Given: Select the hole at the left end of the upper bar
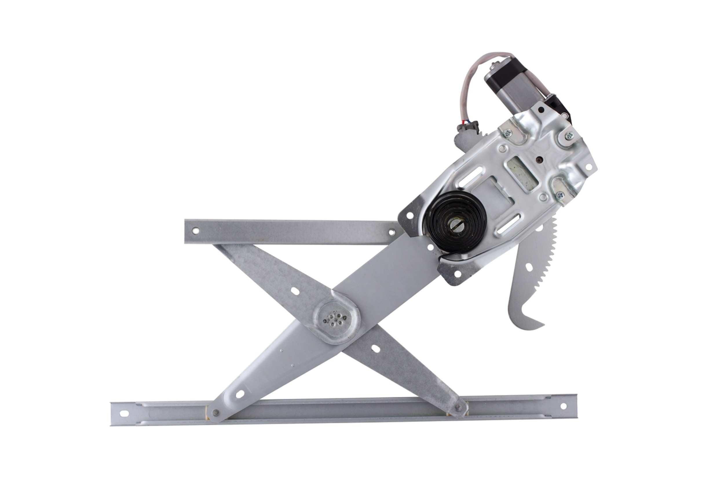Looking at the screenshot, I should [x=195, y=230].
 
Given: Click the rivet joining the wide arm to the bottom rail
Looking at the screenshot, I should [x=215, y=412].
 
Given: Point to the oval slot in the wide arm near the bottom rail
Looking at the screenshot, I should [x=240, y=394].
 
